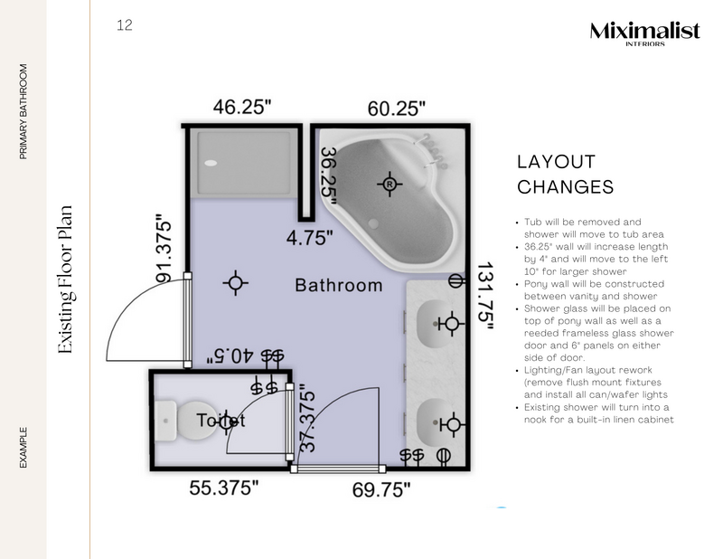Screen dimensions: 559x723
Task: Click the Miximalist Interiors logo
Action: click(644, 33)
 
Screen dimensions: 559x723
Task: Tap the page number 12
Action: click(125, 25)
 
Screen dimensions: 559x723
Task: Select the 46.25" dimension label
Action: click(242, 107)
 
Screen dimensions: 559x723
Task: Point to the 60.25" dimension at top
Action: click(396, 109)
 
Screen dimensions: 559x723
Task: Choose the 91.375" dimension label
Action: click(164, 249)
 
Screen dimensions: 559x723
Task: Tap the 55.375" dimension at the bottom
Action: click(224, 488)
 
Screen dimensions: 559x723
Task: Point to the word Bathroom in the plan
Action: click(339, 285)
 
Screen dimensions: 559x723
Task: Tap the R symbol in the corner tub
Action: click(390, 184)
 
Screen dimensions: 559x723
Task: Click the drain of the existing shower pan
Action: click(211, 164)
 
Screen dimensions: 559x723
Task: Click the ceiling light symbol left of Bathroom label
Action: click(236, 283)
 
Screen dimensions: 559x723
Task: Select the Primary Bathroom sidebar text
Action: click(23, 111)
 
